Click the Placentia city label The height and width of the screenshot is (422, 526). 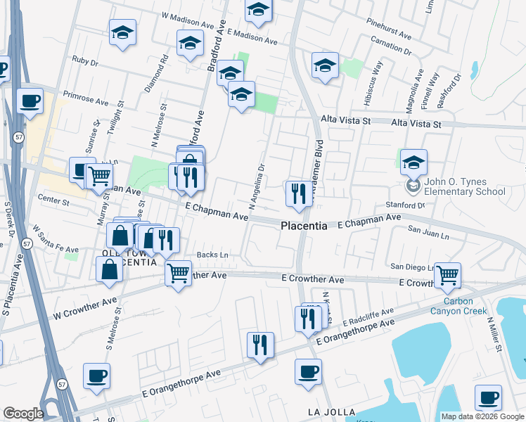pyautogui.click(x=304, y=226)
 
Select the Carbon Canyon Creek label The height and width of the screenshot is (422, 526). pyautogui.click(x=452, y=306)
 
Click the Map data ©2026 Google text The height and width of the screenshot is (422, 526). pyautogui.click(x=482, y=416)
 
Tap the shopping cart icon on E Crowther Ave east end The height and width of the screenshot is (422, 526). pyautogui.click(x=447, y=275)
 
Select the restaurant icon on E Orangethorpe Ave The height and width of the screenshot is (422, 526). pyautogui.click(x=260, y=345)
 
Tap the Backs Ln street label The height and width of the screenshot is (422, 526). pyautogui.click(x=213, y=255)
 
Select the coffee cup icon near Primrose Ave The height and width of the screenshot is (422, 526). pyautogui.click(x=30, y=101)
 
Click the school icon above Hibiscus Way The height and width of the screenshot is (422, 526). pyautogui.click(x=325, y=65)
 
